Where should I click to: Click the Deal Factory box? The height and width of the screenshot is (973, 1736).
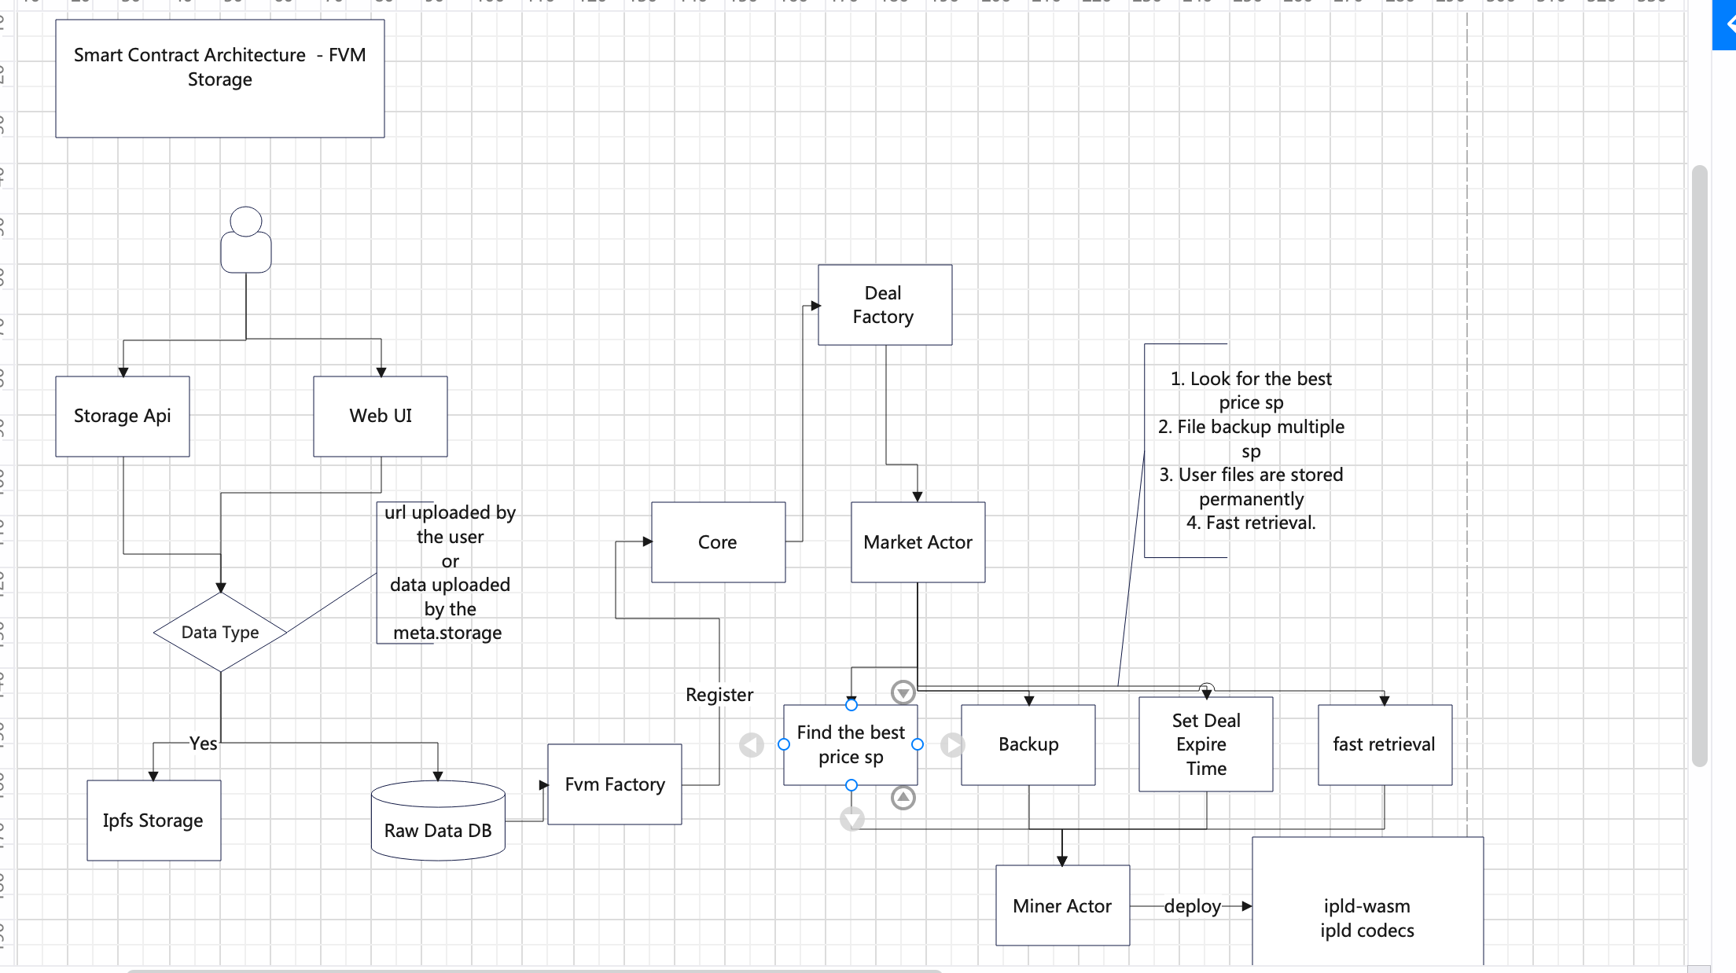coord(885,305)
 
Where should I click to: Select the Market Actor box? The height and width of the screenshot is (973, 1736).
coord(918,542)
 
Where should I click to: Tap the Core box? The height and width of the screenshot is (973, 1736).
coord(718,542)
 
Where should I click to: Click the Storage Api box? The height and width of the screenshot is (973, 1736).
coord(123,416)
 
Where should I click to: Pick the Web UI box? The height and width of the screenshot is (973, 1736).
coord(381,416)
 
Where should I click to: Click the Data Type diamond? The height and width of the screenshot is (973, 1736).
coord(220,632)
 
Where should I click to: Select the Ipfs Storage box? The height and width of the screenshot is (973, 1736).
coord(153,821)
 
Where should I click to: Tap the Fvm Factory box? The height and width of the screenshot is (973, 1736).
coord(615,784)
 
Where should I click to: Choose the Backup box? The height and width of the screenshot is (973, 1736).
coord(1028,744)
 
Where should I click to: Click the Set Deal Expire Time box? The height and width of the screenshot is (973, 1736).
coord(1206,744)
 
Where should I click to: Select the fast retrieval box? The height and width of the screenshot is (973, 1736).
coord(1385,744)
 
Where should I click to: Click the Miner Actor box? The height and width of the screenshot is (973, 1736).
coord(1062,906)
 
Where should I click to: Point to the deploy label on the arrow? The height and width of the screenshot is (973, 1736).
coord(1192,906)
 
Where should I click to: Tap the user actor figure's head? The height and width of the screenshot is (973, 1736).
coord(246,222)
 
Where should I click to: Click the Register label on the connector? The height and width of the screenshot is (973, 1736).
coord(719,695)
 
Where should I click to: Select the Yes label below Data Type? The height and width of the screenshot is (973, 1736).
coord(203,744)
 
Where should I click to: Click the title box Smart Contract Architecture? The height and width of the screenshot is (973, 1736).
coord(220,79)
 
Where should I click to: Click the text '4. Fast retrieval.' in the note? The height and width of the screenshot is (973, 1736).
coord(1251,523)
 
